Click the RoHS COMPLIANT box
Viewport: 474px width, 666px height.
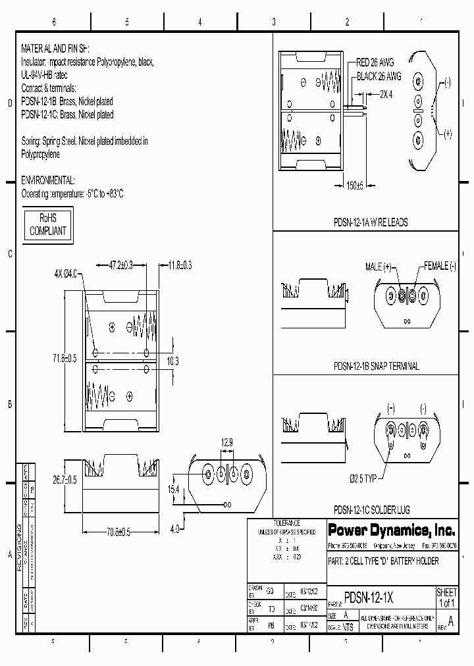click(47, 225)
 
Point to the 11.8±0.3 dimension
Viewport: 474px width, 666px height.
click(180, 265)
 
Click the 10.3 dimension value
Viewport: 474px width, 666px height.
click(172, 361)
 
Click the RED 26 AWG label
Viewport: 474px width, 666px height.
click(375, 63)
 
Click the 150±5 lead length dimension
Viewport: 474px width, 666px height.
click(355, 186)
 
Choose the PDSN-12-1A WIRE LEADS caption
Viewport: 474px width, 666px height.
click(371, 222)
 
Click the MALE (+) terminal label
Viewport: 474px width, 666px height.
click(379, 267)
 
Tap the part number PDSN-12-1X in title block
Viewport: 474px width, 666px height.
click(369, 598)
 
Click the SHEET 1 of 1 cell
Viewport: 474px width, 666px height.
click(446, 598)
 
